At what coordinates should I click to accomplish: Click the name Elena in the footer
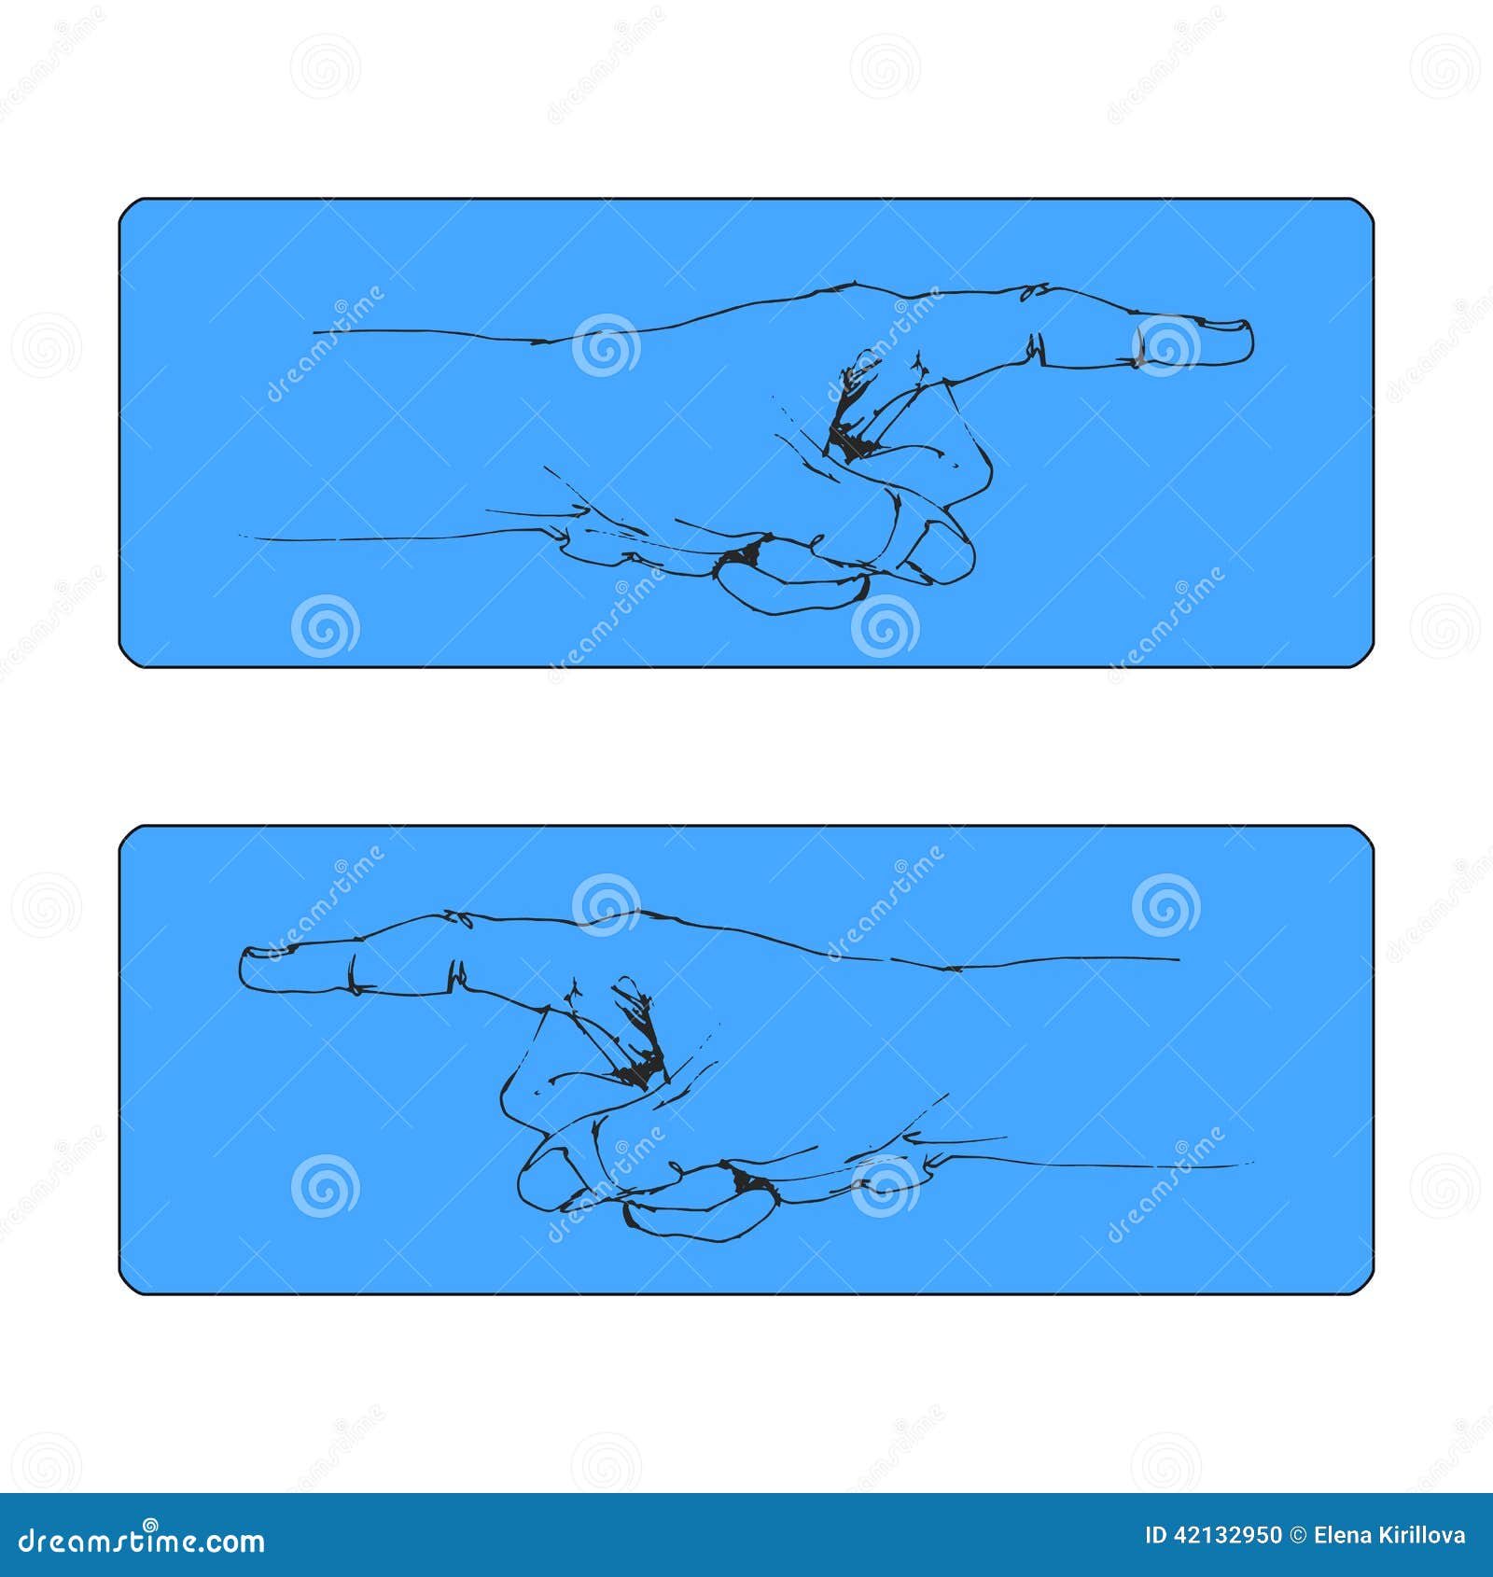[1341, 1535]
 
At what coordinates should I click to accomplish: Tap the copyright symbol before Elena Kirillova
[1298, 1535]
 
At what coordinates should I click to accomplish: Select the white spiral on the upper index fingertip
[1165, 345]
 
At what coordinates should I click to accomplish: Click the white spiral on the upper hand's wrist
[606, 345]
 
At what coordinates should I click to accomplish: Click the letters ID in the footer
[1155, 1535]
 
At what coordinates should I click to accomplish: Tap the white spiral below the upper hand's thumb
[885, 625]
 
